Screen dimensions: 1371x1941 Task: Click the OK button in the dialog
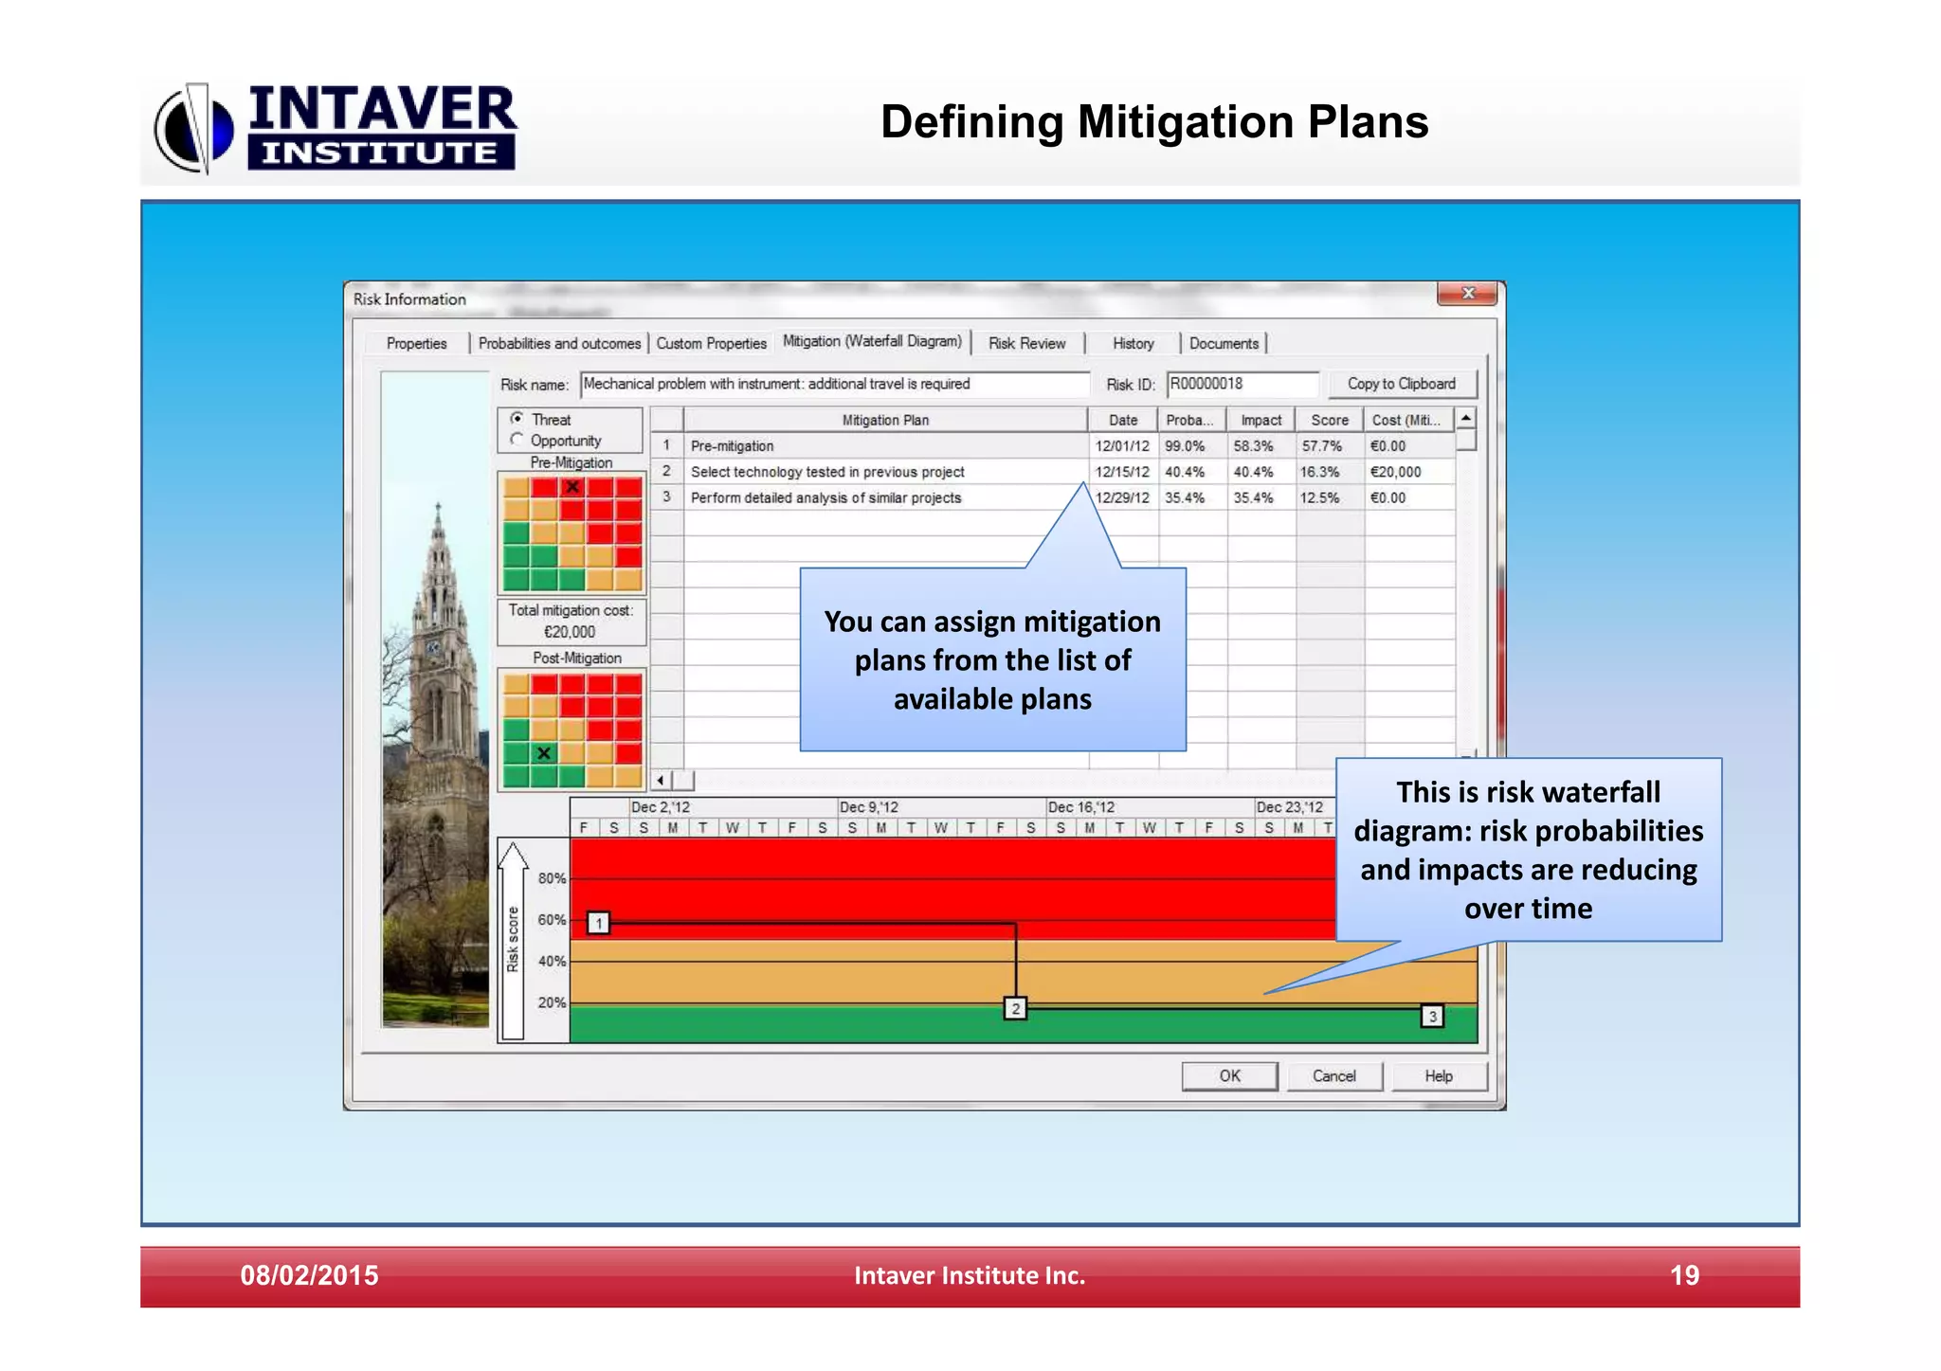pos(1229,1075)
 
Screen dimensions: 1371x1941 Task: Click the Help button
pos(1438,1075)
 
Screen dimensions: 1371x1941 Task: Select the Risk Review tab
pos(1026,343)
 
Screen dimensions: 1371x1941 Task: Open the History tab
pos(1133,343)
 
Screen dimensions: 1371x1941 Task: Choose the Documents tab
pos(1224,343)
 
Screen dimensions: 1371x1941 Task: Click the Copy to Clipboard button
pos(1401,384)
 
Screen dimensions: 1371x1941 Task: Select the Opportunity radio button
pos(517,440)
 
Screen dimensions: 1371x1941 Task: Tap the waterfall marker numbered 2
pos(1015,1008)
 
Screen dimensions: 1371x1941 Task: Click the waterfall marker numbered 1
pos(598,923)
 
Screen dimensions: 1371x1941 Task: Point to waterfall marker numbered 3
pos(1432,1017)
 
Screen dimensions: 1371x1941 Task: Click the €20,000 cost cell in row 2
pos(1396,472)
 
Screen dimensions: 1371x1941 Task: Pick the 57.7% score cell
pos(1322,446)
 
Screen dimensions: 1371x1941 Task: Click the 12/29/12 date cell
pos(1122,497)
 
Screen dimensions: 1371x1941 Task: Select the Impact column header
pos(1261,420)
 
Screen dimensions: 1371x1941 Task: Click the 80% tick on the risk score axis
pos(552,878)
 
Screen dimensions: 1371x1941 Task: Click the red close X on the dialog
pos(1467,294)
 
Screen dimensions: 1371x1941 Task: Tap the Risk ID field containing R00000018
pos(1242,384)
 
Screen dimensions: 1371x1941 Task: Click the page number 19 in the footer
pos(1684,1275)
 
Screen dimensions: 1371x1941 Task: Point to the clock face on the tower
pos(434,648)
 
